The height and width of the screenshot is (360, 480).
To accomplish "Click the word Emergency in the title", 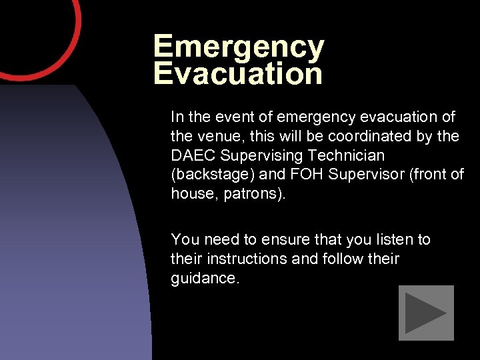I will (x=239, y=47).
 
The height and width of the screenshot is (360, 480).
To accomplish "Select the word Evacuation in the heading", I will (x=238, y=73).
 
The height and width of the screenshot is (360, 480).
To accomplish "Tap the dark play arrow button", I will (x=426, y=313).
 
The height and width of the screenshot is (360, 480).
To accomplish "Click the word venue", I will (x=219, y=136).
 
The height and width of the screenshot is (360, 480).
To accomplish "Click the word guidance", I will (x=204, y=278).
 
